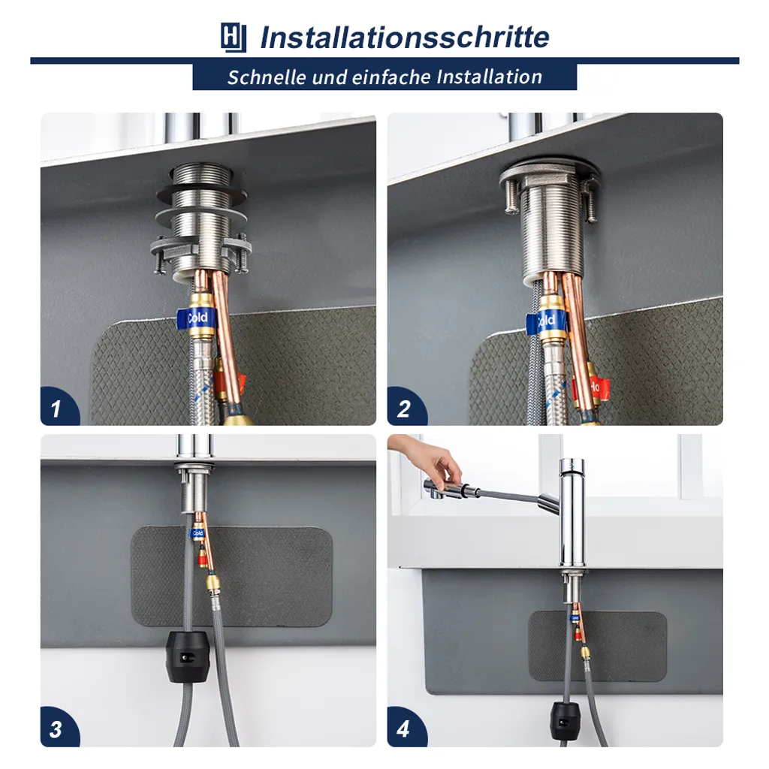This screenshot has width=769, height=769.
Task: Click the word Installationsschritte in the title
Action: click(x=405, y=38)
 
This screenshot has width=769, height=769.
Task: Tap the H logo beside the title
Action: click(x=234, y=38)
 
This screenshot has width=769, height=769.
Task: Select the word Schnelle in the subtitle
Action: click(x=267, y=77)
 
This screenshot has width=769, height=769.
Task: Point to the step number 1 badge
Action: click(x=59, y=406)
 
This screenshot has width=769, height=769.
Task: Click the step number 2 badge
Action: click(x=406, y=406)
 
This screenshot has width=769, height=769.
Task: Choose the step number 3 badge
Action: click(x=59, y=728)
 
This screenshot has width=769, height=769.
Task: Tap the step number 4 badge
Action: click(x=406, y=728)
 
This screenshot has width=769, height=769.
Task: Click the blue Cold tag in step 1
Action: click(x=196, y=318)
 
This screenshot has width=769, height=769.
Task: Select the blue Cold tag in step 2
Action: click(x=545, y=321)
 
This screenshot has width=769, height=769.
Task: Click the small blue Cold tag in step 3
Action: click(x=198, y=533)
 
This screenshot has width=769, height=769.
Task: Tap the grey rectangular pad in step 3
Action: click(x=231, y=577)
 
